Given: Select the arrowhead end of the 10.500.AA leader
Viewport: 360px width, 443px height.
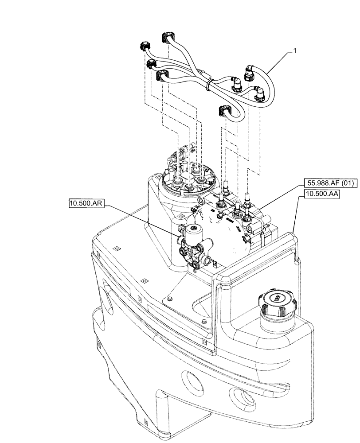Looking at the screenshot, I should pos(293,232).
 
